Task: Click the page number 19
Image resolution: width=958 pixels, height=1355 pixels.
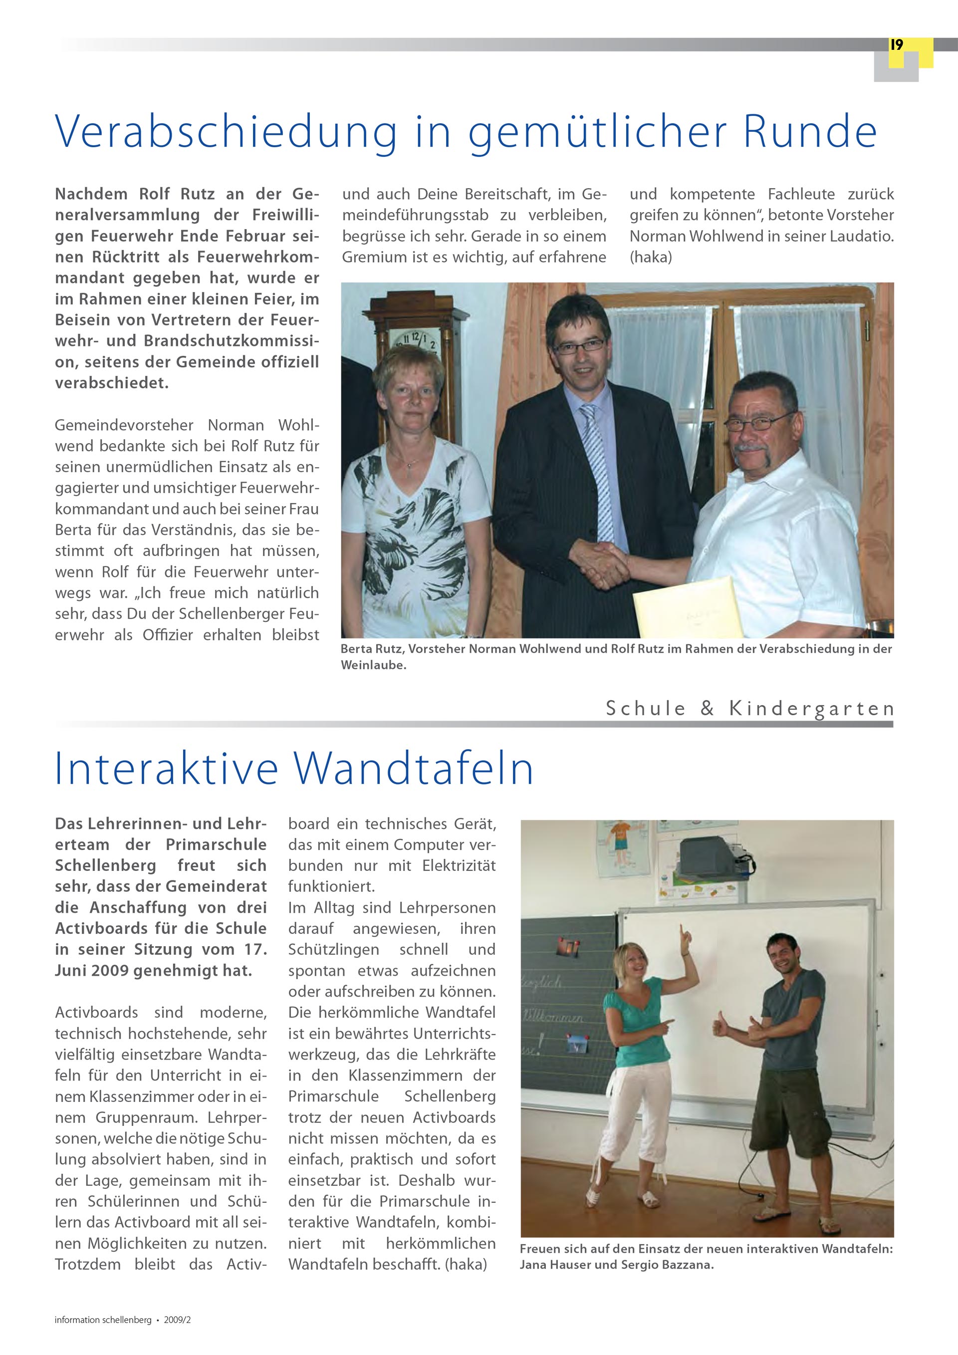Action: coord(896,45)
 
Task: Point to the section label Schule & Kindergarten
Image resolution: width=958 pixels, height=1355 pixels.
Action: coord(749,708)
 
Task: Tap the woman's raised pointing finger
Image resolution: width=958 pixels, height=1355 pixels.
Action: coord(682,928)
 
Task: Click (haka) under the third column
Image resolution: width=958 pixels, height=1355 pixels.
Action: coord(651,258)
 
